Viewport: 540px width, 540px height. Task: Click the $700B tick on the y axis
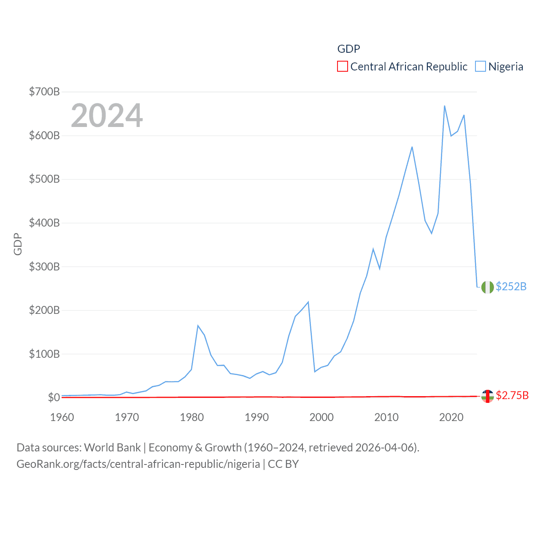[x=44, y=92]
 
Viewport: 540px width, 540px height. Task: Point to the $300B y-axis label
[x=44, y=267]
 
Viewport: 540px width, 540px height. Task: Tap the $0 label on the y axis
[x=54, y=397]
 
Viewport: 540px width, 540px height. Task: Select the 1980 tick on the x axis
[x=192, y=417]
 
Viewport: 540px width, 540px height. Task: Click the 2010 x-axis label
[x=386, y=417]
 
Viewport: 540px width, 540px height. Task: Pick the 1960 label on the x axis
[x=62, y=417]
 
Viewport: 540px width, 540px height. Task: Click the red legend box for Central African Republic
[x=343, y=67]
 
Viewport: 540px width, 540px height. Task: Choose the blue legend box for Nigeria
[x=480, y=67]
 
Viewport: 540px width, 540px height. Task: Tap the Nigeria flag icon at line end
[x=487, y=287]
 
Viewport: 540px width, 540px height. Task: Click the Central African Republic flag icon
[x=487, y=396]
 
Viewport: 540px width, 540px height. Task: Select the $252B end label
[x=511, y=286]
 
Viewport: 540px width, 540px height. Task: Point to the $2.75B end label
[x=512, y=395]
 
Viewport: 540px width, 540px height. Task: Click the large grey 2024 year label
[x=107, y=116]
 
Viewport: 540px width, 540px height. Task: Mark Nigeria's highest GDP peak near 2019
[x=445, y=106]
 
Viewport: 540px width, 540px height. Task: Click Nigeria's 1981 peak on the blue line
[x=198, y=326]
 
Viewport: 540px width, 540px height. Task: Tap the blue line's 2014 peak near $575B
[x=412, y=147]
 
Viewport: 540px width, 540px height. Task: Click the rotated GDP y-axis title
[x=18, y=244]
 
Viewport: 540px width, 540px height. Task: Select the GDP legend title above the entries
[x=348, y=49]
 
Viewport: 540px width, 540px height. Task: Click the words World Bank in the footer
[x=112, y=448]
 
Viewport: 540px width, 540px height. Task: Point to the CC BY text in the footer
[x=283, y=464]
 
